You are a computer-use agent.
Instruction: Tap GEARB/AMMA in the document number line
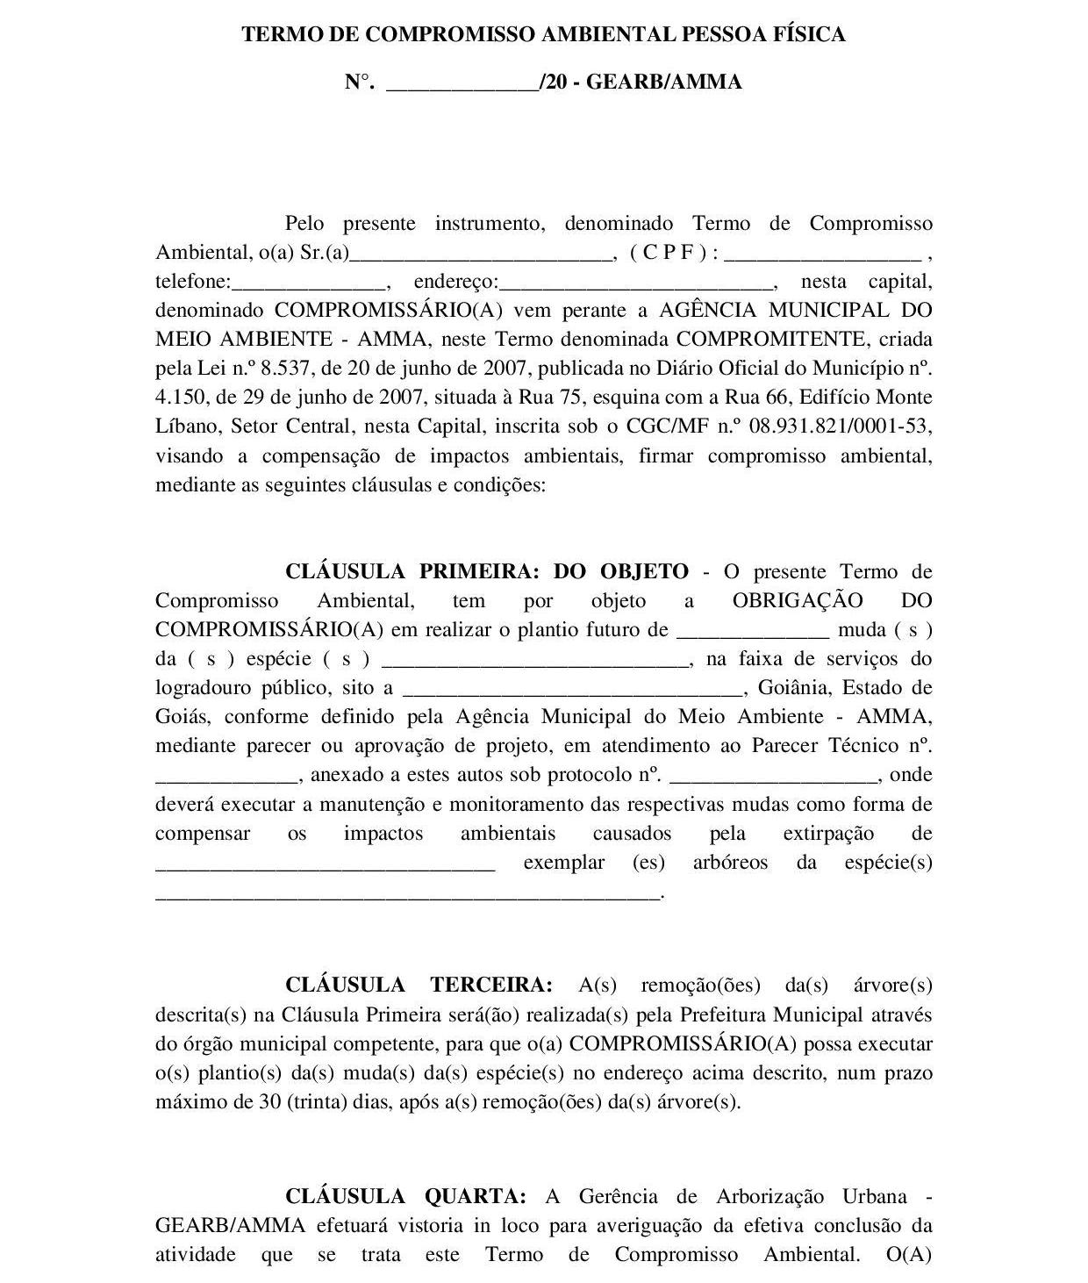click(x=663, y=82)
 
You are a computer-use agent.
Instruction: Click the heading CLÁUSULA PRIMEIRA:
click(x=412, y=572)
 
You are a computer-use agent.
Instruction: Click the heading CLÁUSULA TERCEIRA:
click(x=419, y=986)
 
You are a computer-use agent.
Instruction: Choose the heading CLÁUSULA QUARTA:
click(x=405, y=1197)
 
